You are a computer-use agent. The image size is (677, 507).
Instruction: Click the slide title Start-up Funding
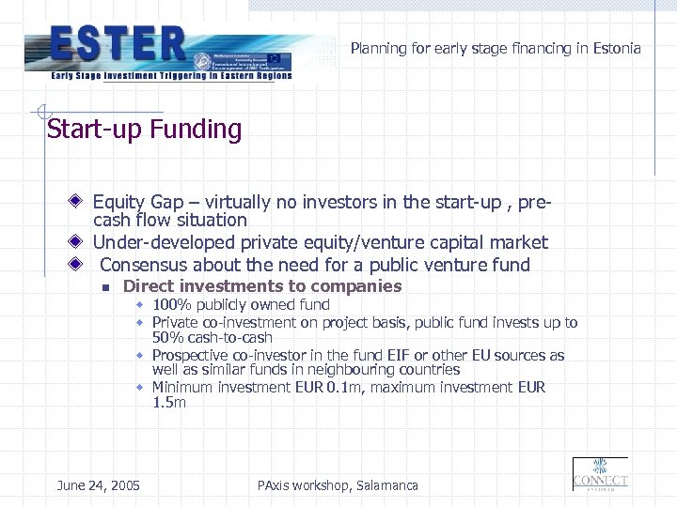pos(144,130)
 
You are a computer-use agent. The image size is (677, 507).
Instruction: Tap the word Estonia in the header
pos(617,48)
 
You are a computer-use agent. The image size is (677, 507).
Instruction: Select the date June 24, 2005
pos(98,485)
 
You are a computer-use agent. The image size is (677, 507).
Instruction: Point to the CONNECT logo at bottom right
pos(600,475)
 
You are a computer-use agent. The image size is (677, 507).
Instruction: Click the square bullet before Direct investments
pos(107,287)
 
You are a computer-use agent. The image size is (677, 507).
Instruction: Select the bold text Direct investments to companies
pos(262,286)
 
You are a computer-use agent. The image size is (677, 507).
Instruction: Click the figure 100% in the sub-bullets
pos(167,304)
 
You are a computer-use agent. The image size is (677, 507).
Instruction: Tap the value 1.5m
pos(169,403)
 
